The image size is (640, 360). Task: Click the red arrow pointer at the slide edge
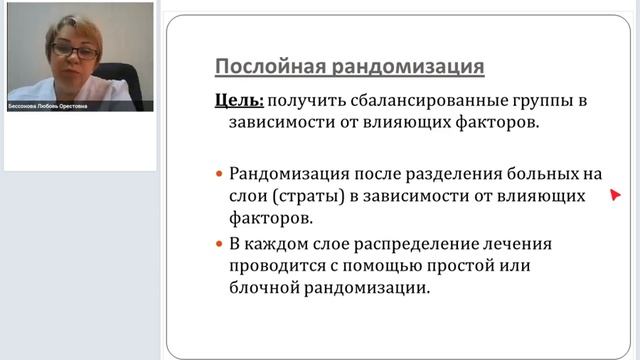click(x=615, y=196)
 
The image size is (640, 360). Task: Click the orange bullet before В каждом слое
click(x=220, y=244)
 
